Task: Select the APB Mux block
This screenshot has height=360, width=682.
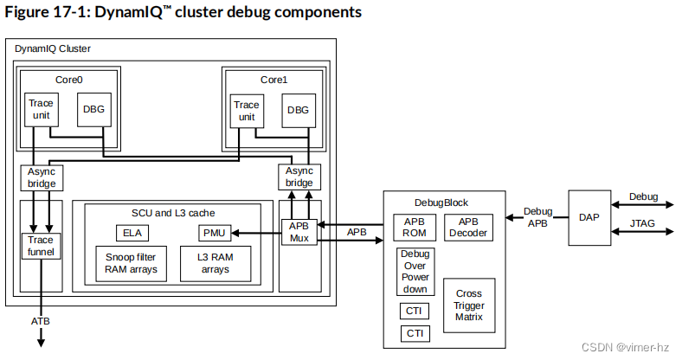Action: [299, 233]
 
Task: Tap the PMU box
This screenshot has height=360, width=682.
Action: [213, 233]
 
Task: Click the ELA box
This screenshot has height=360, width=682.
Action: [132, 233]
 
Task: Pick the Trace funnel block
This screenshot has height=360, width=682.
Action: [41, 246]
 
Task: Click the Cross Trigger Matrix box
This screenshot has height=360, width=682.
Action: [468, 306]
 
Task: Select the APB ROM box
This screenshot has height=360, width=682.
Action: [413, 227]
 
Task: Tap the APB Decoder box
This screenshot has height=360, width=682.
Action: [468, 227]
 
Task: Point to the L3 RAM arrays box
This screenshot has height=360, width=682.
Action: [214, 263]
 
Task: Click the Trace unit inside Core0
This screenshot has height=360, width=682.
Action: [41, 110]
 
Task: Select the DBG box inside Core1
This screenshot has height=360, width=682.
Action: [297, 110]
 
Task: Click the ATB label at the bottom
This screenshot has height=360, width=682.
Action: [41, 322]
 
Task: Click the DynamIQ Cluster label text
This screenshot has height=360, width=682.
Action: [53, 48]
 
